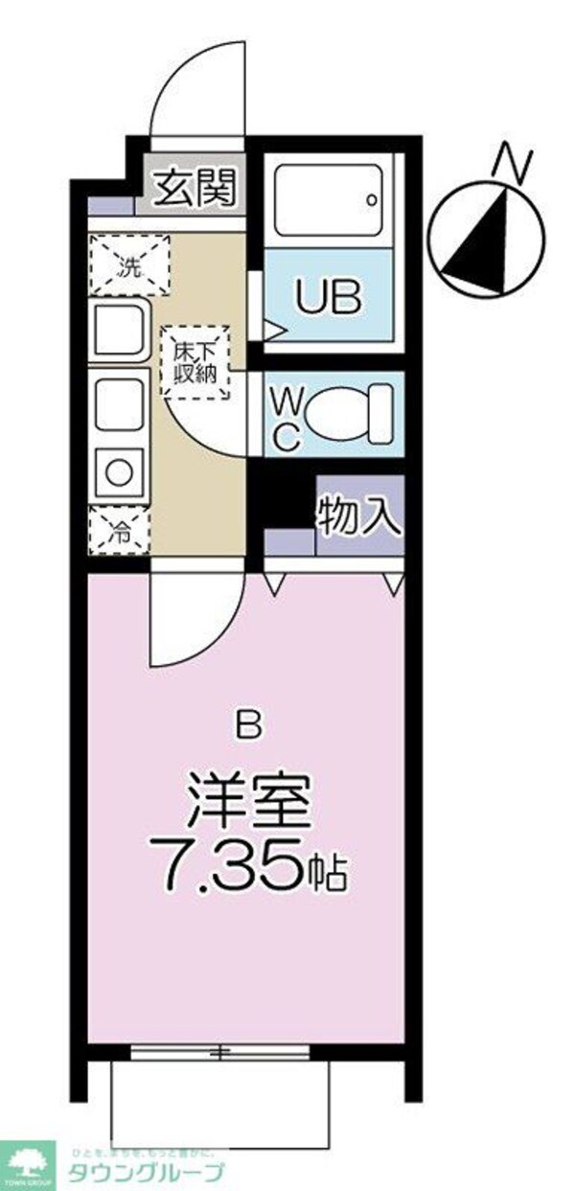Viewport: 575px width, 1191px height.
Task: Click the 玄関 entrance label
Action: pyautogui.click(x=195, y=189)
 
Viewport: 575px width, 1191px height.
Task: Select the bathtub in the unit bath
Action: pyautogui.click(x=329, y=198)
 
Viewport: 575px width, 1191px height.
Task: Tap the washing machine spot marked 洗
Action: pyautogui.click(x=129, y=264)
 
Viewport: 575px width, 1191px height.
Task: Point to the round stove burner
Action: pyautogui.click(x=119, y=472)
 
